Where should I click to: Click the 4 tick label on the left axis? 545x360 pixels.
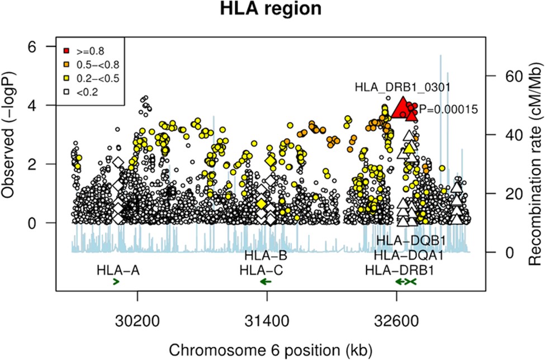coord(37,105)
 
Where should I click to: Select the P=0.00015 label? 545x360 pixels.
coord(448,110)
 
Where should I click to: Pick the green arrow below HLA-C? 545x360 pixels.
coord(266,282)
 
